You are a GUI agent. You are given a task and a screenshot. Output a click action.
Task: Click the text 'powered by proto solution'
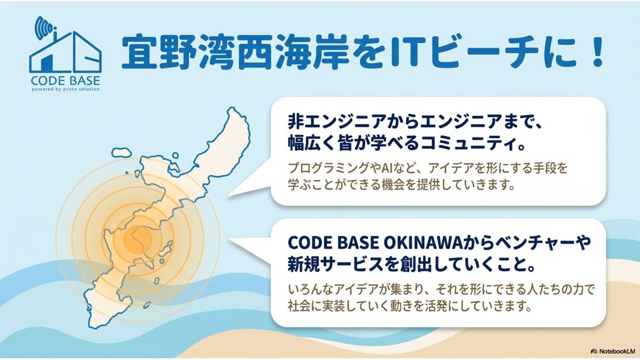point(66,89)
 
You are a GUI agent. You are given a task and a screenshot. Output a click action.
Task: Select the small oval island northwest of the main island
point(122,152)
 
